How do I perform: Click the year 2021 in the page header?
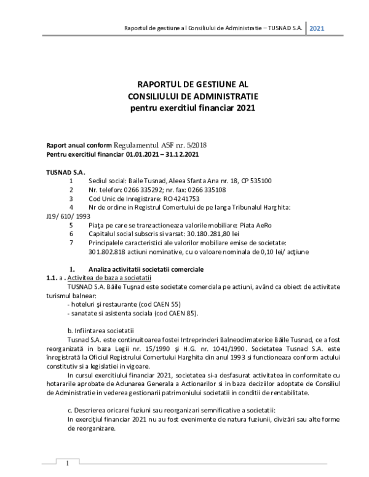point(317,28)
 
